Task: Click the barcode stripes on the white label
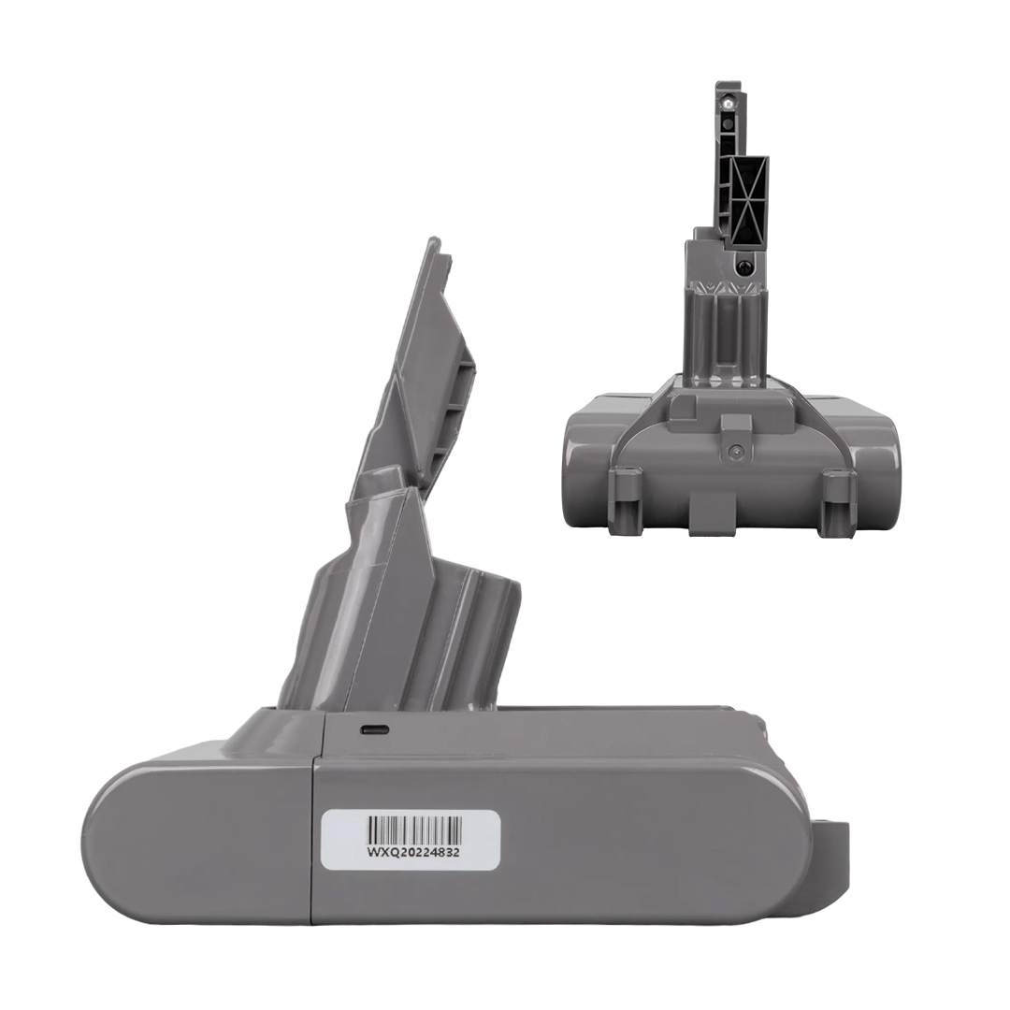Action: (x=415, y=828)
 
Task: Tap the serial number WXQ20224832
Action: (x=413, y=852)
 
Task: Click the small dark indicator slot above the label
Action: (x=375, y=730)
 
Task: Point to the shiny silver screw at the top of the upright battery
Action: (x=728, y=103)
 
